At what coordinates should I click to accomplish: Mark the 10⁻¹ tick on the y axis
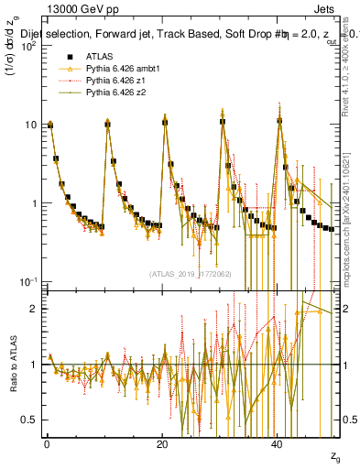27,281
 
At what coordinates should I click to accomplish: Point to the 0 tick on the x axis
46,444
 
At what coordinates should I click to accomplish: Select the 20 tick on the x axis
162,444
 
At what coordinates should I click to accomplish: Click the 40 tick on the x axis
278,444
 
